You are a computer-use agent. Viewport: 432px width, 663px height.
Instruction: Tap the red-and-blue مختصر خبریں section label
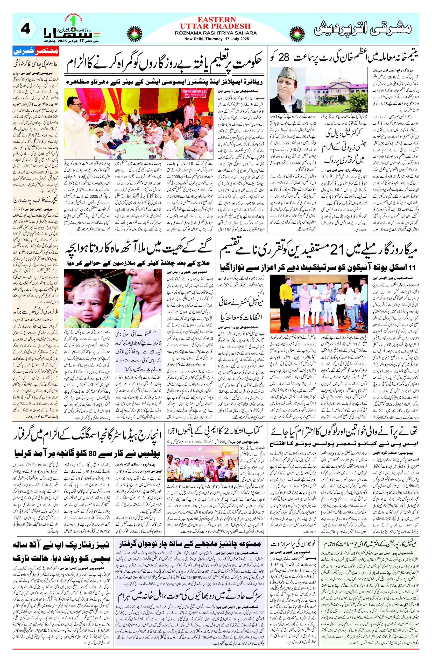[36, 51]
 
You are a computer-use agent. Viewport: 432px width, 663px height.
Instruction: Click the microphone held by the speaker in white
[83, 112]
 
